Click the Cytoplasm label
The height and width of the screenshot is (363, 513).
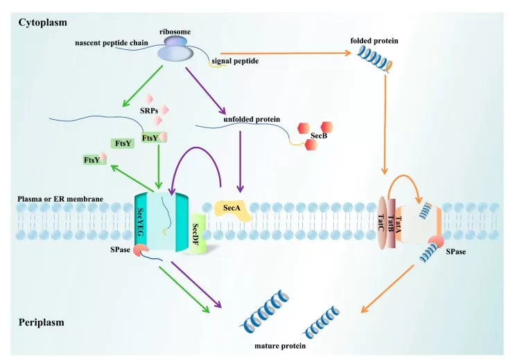[x=42, y=22]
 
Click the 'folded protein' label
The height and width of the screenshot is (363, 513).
[x=376, y=41]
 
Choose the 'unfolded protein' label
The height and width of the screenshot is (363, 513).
[x=251, y=119]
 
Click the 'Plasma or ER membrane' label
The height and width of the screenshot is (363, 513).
[x=60, y=200]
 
